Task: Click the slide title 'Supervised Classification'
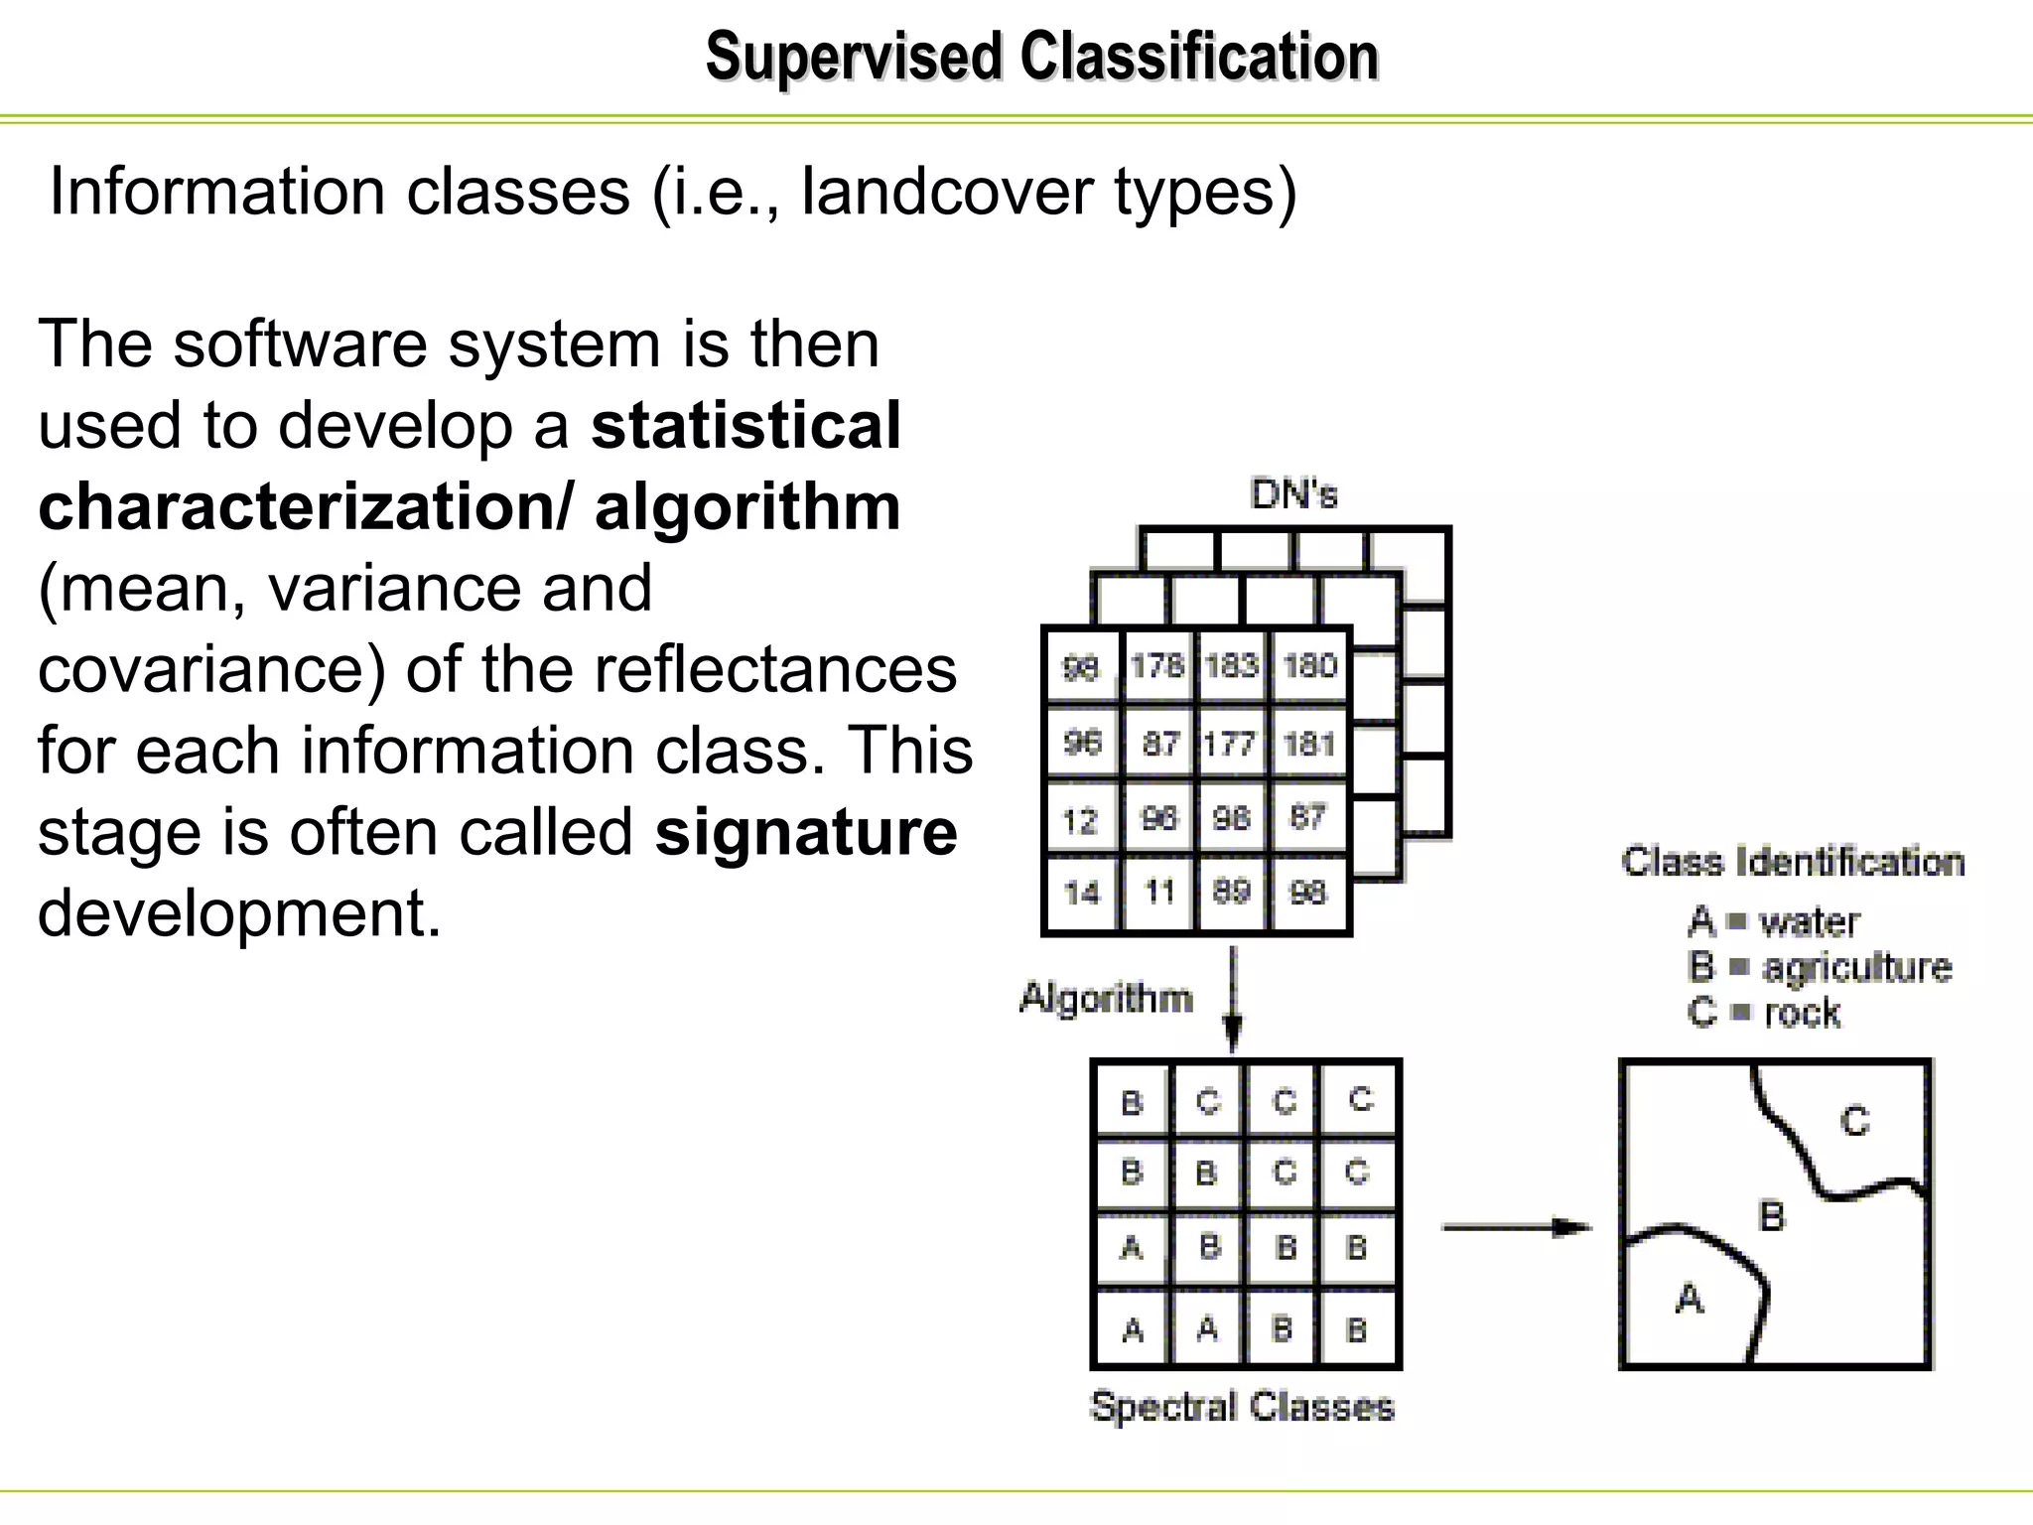point(1041,57)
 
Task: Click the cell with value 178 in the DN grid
point(1157,665)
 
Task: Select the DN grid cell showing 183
point(1232,665)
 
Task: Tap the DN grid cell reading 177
point(1231,743)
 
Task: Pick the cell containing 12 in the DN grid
point(1081,820)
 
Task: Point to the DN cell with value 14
point(1081,893)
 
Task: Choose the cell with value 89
point(1232,891)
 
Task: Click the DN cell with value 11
point(1158,892)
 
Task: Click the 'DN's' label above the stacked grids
point(1294,493)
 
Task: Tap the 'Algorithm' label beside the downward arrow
point(1106,998)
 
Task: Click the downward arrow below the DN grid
point(1233,998)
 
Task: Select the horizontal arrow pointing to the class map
point(1516,1228)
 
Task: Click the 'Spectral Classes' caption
point(1242,1407)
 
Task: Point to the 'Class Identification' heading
point(1793,862)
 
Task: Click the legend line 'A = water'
point(1773,922)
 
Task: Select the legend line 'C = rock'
point(1764,1013)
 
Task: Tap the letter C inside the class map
point(1854,1122)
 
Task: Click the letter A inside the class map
point(1690,1299)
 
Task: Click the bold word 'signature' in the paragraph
point(806,832)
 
